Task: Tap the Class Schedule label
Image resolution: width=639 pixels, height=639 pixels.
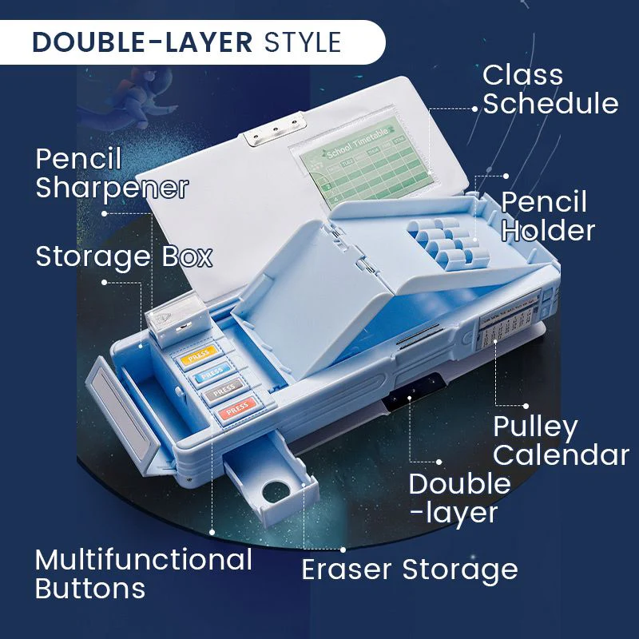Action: coord(550,89)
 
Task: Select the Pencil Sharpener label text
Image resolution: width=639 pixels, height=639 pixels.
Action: coord(112,173)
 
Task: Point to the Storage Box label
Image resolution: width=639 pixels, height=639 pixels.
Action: coord(124,257)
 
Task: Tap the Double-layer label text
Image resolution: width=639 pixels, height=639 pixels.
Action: coord(459,497)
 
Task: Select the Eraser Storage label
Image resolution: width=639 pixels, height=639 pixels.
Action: coord(409,570)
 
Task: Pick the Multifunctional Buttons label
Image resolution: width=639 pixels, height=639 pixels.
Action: coord(144,574)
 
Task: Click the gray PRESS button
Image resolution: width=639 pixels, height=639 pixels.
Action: coord(224,391)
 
